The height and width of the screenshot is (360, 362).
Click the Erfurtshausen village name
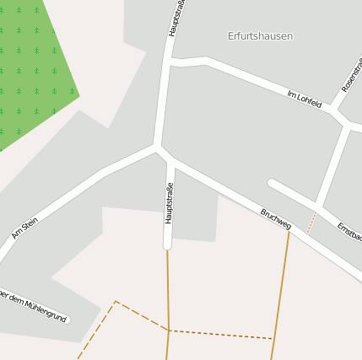[x=260, y=36]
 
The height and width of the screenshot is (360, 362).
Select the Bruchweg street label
[x=276, y=218]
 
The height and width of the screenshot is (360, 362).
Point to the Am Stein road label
[x=24, y=228]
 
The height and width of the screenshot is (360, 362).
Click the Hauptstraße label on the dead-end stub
[x=169, y=203]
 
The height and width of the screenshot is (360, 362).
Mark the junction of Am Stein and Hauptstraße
[x=157, y=147]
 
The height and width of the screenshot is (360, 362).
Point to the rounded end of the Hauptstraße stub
[x=167, y=245]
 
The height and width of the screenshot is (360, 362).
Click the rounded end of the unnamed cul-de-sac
[x=273, y=182]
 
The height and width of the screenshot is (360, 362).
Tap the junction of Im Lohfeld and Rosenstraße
[x=335, y=110]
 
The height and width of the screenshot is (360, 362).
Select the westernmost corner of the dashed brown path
[x=115, y=301]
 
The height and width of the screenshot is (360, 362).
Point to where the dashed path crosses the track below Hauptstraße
[x=169, y=330]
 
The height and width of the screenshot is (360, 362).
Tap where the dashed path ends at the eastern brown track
[x=273, y=339]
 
